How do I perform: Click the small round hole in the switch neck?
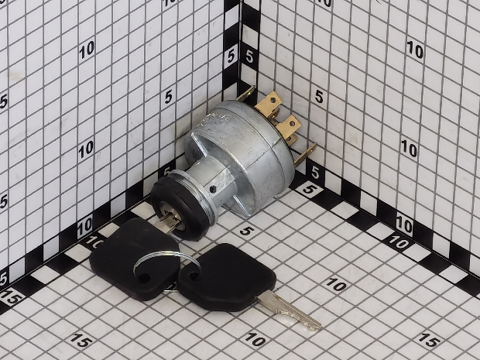212,189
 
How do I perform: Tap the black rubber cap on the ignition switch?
179,208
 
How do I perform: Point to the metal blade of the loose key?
288,310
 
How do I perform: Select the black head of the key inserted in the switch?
134,259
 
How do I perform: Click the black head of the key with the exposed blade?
227,278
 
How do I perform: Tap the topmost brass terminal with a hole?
269,103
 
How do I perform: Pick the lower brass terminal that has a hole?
288,125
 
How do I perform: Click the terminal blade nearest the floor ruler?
305,155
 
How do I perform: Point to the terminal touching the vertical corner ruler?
245,94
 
